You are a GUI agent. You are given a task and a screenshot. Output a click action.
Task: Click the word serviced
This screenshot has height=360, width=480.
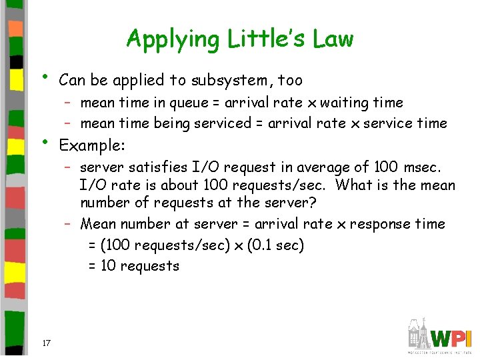pyautogui.click(x=223, y=123)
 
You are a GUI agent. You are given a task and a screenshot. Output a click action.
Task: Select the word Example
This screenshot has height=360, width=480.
pyautogui.click(x=93, y=145)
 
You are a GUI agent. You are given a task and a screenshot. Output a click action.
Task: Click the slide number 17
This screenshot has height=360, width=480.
pyautogui.click(x=46, y=343)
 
